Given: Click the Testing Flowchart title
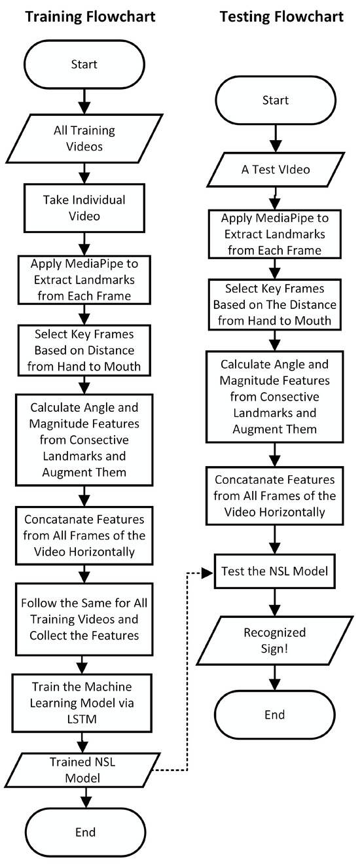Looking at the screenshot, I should point(281,16).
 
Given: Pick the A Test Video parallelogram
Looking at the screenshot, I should point(275,170).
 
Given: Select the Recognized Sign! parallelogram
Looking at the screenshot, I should point(275,640).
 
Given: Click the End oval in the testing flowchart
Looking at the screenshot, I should point(275,714).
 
